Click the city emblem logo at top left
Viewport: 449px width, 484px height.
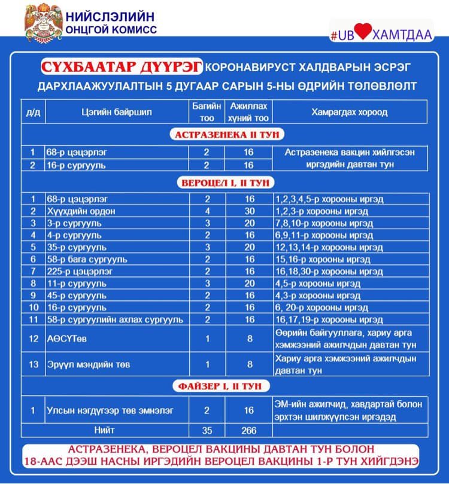coord(44,22)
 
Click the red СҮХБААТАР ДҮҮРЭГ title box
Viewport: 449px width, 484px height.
coord(122,65)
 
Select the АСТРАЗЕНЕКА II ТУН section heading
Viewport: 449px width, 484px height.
coord(224,135)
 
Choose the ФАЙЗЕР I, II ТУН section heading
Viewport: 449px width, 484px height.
coord(224,386)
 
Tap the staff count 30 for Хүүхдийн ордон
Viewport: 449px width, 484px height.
coord(249,211)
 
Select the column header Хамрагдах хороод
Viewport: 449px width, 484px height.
coord(349,112)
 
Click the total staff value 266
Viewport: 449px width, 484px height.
coord(249,430)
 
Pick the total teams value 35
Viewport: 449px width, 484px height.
coord(207,430)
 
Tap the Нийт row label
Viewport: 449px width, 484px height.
coord(104,430)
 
